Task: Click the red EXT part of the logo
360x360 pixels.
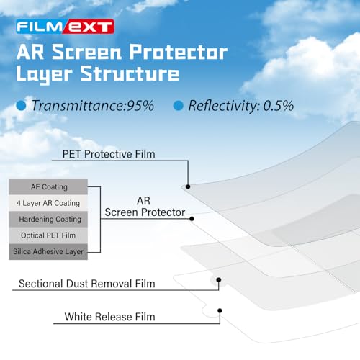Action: [x=89, y=27]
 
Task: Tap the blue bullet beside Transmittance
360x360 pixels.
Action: [x=21, y=106]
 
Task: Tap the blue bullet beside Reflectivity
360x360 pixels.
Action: [x=179, y=106]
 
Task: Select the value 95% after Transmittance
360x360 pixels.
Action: [x=140, y=106]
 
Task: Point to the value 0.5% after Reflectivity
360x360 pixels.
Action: [x=279, y=106]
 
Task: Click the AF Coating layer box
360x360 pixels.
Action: [x=48, y=186]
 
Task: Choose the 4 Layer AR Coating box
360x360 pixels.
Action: [x=48, y=203]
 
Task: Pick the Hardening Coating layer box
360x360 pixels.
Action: [x=48, y=219]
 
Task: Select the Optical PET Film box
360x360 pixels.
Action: [x=48, y=235]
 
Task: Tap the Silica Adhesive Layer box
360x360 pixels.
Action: [x=48, y=251]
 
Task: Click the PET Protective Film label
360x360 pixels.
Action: [x=109, y=154]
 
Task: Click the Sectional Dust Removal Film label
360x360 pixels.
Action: [x=87, y=284]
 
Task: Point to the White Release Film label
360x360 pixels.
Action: [x=109, y=317]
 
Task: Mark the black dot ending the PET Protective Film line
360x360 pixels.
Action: [x=188, y=186]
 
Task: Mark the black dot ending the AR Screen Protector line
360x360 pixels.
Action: [x=192, y=219]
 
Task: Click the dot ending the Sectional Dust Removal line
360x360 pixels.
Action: [x=219, y=280]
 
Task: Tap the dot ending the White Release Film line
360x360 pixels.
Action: [x=220, y=310]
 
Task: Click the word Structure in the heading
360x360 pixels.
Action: [x=130, y=73]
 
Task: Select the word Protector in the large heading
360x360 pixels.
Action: [x=179, y=52]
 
